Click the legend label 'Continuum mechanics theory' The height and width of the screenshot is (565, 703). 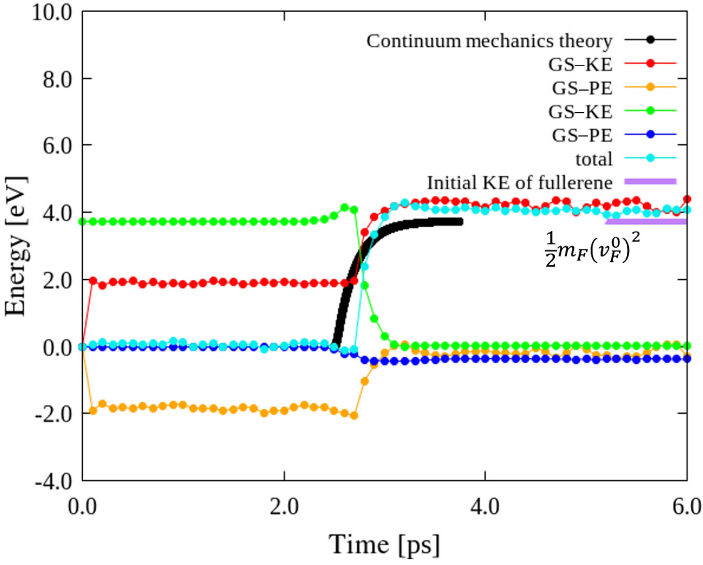tap(489, 41)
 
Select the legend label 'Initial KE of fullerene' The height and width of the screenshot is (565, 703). tap(520, 183)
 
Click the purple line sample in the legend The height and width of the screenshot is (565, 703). tap(650, 181)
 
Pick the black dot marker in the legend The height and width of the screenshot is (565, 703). tap(650, 40)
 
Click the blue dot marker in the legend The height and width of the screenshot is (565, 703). tap(650, 134)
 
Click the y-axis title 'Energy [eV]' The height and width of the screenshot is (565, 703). tap(16, 246)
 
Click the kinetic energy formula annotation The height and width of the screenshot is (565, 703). tap(592, 250)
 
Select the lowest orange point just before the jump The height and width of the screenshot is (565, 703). tap(354, 416)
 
